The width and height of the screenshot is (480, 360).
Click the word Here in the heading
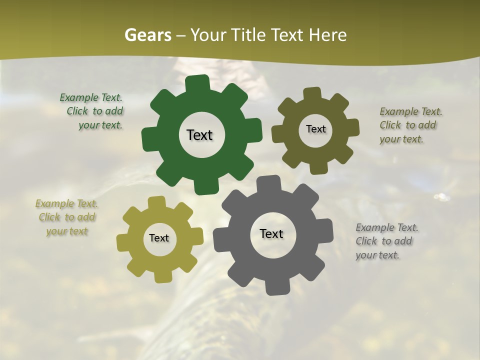[x=327, y=35]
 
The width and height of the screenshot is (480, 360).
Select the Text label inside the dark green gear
[x=199, y=135]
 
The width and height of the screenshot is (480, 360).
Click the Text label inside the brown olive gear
[x=315, y=129]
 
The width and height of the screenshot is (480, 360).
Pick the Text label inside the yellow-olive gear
[x=159, y=238]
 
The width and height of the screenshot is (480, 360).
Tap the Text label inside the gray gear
[x=271, y=233]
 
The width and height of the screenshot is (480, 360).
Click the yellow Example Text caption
[x=67, y=217]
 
